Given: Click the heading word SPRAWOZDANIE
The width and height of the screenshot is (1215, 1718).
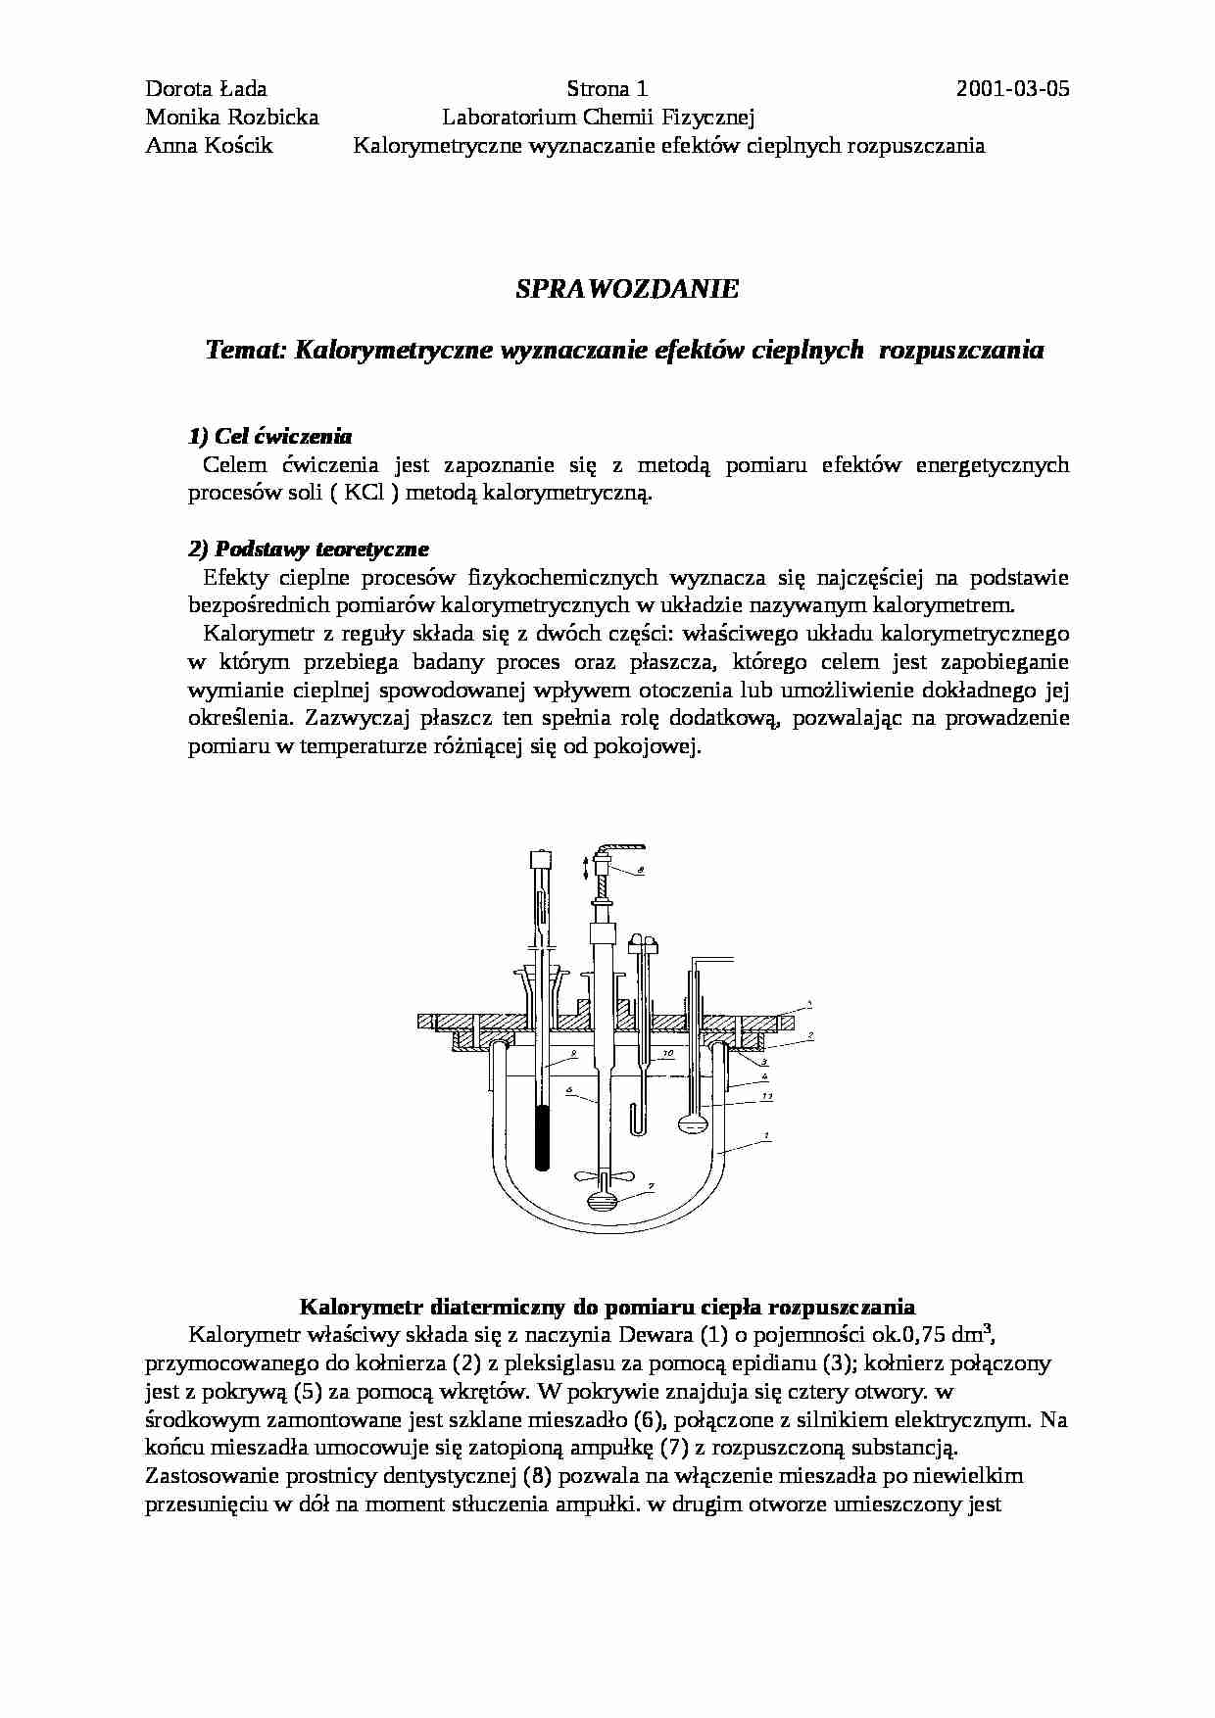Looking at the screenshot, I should tap(627, 289).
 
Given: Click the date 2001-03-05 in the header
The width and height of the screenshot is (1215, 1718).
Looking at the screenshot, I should tap(1012, 90).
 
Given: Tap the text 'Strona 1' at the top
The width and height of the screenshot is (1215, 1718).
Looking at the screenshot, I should tap(607, 90).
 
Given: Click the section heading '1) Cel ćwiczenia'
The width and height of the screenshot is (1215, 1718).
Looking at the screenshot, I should tap(269, 436).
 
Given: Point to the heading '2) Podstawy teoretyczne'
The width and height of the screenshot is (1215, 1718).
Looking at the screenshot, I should tap(308, 549).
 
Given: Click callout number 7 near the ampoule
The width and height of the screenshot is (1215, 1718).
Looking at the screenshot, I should tap(651, 1185).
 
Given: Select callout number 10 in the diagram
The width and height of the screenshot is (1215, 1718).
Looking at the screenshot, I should tap(667, 1055).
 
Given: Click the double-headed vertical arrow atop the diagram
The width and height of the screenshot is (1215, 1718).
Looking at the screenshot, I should tap(585, 866).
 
